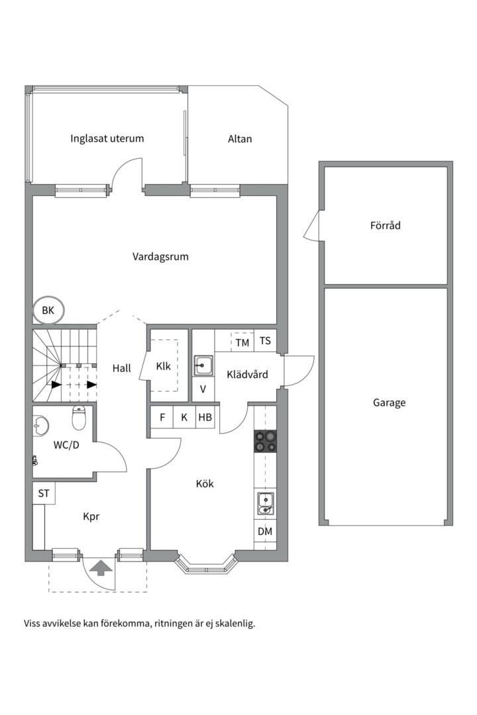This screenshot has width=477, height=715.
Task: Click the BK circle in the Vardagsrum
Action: click(34, 310)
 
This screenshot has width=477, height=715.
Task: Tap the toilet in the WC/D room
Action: click(79, 418)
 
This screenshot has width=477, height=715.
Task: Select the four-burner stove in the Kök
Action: click(265, 441)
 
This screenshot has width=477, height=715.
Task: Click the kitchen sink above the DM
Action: click(265, 503)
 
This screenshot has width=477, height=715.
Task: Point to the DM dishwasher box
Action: click(265, 531)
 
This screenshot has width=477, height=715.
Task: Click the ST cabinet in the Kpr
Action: click(44, 493)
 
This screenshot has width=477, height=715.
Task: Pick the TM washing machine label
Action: click(242, 342)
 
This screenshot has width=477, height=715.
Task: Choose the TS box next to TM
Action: click(265, 341)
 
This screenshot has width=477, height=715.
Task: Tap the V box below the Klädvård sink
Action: click(203, 390)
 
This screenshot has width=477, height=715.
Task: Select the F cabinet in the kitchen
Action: click(162, 417)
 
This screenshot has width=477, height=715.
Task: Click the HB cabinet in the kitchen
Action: click(205, 417)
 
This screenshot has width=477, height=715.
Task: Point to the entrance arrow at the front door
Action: click(101, 568)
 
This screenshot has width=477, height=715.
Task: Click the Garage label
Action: click(390, 403)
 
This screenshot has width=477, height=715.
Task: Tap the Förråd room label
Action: click(386, 225)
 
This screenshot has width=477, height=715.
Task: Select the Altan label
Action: click(240, 138)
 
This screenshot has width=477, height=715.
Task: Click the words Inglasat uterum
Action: click(107, 138)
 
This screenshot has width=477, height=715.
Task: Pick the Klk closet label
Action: click(164, 366)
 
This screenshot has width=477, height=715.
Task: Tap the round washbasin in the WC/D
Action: click(40, 426)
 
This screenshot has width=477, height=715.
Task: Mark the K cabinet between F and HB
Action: click(184, 417)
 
